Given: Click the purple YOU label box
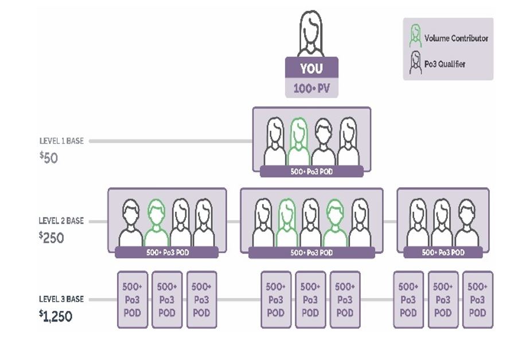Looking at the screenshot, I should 311,68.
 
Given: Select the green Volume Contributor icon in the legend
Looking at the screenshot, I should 415,37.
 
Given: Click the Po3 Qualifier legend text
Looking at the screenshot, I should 445,64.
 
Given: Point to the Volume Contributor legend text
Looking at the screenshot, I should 456,38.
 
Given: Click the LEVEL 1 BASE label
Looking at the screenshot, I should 61,141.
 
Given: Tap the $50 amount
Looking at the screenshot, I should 49,157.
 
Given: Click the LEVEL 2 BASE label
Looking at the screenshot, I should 61,220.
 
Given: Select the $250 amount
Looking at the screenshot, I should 52,237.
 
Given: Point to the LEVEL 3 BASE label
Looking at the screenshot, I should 61,299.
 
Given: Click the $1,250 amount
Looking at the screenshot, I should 56,316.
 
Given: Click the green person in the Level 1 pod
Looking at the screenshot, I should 298,142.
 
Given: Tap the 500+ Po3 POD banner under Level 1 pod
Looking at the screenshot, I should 311,171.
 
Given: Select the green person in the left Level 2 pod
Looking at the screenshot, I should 156,222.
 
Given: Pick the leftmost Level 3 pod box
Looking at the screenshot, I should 133,300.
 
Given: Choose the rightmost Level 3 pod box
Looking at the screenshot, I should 477,300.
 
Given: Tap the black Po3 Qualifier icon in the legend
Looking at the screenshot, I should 415,63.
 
